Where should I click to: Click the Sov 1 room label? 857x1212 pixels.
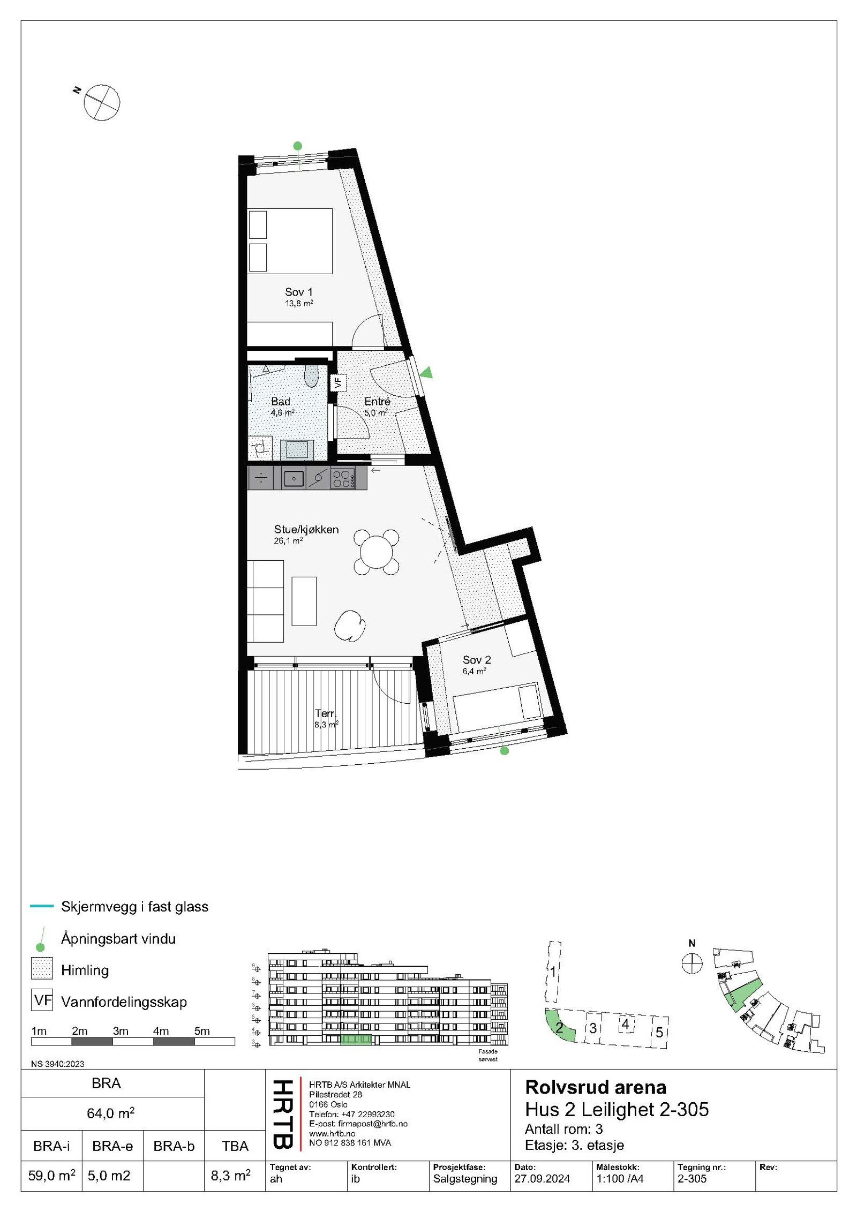click(x=298, y=292)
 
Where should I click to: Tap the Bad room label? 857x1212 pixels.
click(x=281, y=402)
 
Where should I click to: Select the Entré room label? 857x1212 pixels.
click(x=377, y=402)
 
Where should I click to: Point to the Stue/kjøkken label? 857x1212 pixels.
click(x=306, y=529)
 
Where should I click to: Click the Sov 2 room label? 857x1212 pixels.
click(x=477, y=660)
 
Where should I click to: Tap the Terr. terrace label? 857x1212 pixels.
click(x=326, y=713)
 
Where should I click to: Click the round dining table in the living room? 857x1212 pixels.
click(x=377, y=552)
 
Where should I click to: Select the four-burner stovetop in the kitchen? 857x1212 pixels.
click(x=342, y=478)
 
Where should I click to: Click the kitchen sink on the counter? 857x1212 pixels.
click(x=294, y=478)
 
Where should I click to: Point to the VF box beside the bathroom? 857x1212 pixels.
click(x=338, y=382)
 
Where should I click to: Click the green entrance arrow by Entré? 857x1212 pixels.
click(x=426, y=373)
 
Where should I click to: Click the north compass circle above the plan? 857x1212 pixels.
click(x=102, y=102)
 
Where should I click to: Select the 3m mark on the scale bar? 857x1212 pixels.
click(x=121, y=1031)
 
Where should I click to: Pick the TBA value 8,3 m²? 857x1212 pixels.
click(x=231, y=1175)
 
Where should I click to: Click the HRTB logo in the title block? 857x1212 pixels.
click(x=283, y=1114)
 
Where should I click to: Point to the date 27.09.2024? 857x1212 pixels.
click(x=542, y=1179)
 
